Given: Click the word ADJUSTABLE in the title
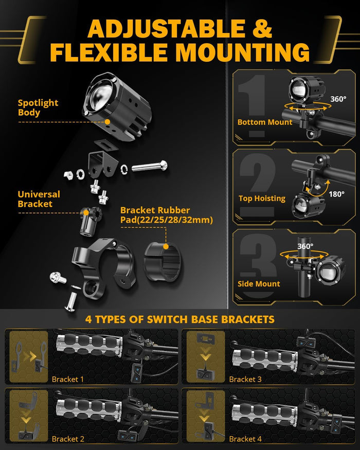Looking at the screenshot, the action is coord(167,29).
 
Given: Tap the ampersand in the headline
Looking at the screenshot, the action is coord(262,29).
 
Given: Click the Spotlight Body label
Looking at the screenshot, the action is coord(38,107).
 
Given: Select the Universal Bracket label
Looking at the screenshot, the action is coord(39,199).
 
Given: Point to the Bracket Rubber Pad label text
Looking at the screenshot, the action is coord(167,215).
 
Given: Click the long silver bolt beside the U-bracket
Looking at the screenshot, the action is coord(150,166).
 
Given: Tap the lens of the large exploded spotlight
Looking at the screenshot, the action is coord(101,95).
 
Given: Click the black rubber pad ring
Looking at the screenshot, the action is coord(163,261).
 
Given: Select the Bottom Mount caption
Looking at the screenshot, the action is coord(265,122).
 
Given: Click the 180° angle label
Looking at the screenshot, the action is coord(336,194).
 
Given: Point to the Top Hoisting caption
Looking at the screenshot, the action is coord(262,199).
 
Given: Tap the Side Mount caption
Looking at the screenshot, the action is coord(259,284).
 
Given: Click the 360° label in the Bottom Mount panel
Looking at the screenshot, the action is coord(338,99).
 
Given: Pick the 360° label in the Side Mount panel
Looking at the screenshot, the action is coord(305,246).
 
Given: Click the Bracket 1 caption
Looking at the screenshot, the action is coord(68,379).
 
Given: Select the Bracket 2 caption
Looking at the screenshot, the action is coord(68,439).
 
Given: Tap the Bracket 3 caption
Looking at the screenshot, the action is coord(245,379).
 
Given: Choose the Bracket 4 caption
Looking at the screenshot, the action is coord(245,439).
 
